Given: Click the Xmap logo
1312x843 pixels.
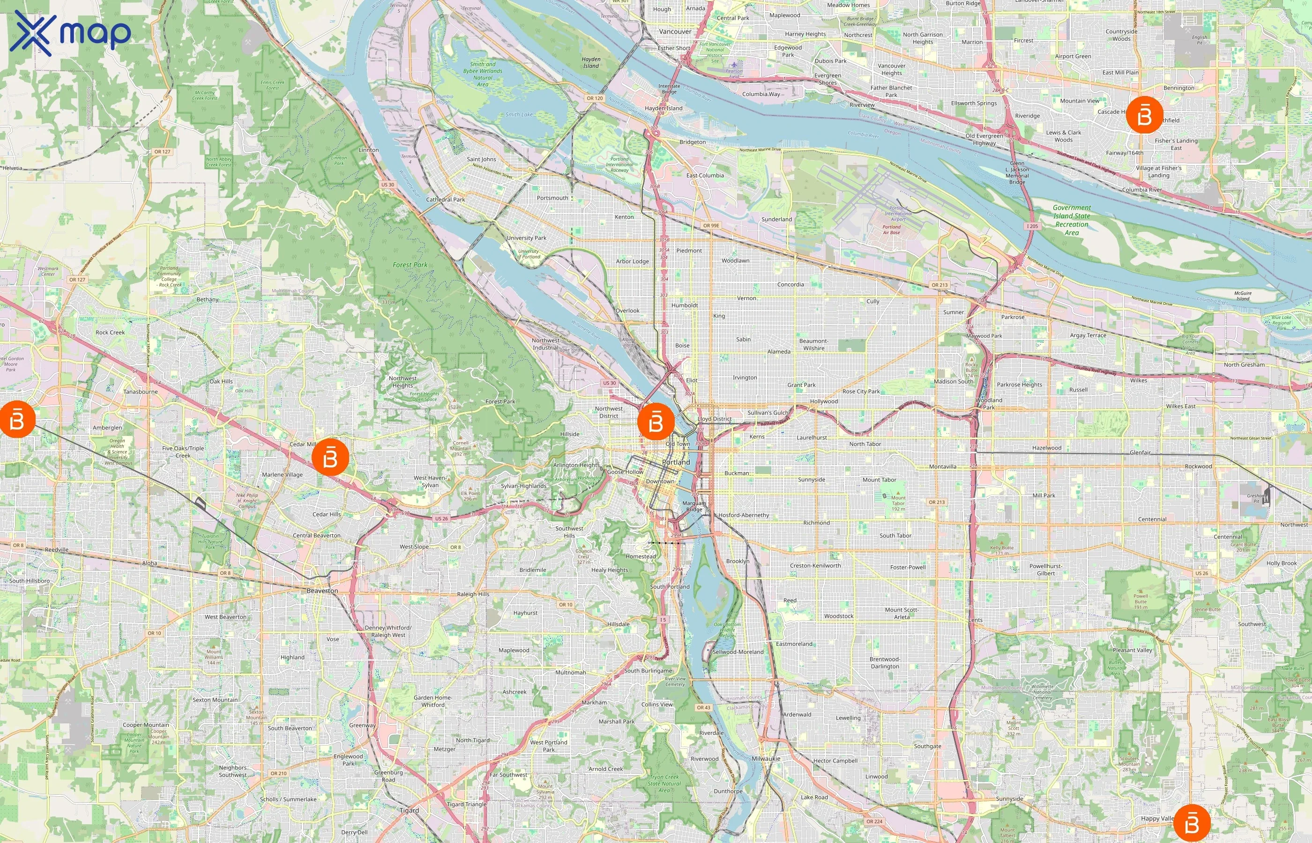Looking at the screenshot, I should point(70,33).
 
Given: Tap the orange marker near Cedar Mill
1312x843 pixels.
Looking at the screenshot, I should point(330,457).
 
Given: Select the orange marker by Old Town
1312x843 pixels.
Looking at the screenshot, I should point(656,421).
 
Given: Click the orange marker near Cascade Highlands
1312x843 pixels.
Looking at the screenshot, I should point(1144,115).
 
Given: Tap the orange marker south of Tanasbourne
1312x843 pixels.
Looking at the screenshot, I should point(16,419).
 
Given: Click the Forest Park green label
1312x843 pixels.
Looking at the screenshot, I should point(410,265).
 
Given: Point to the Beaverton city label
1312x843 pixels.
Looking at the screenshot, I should point(322,591).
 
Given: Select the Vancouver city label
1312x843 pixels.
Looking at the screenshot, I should point(675,32).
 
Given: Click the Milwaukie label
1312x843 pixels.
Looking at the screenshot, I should point(766,759).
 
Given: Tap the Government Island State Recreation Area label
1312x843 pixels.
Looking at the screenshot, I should point(1072,220).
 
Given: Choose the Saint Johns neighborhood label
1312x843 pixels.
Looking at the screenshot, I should point(481,159).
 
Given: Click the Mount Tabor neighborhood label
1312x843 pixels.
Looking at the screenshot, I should point(879,480).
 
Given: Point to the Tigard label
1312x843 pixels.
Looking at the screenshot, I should point(409,811).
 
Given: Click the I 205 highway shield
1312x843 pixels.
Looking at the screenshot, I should point(1032,226).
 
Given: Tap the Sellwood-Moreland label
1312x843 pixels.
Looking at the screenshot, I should point(738,652).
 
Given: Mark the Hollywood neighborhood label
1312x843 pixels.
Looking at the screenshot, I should point(824,401).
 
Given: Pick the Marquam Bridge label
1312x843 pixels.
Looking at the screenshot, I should point(694,506).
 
